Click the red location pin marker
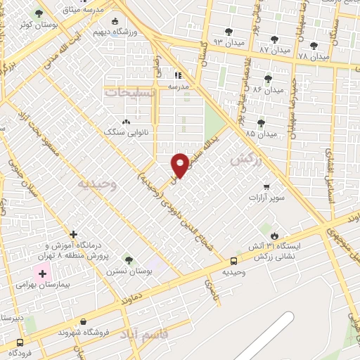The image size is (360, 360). (x=180, y=165)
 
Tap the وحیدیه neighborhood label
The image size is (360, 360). (x=92, y=184)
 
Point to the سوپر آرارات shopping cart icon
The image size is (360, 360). (x=266, y=187)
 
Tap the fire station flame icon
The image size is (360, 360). (x=274, y=236)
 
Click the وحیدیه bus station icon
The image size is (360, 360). (x=233, y=260)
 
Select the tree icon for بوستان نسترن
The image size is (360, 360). (x=127, y=259)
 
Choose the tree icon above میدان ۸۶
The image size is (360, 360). (x=267, y=79)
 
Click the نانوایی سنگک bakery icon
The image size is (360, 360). (x=127, y=121)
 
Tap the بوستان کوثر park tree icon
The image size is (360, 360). (x=39, y=13)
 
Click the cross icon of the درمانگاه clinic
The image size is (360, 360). (x=73, y=234)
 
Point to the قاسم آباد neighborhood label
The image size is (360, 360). (x=144, y=332)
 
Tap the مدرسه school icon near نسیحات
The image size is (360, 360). (x=178, y=75)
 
